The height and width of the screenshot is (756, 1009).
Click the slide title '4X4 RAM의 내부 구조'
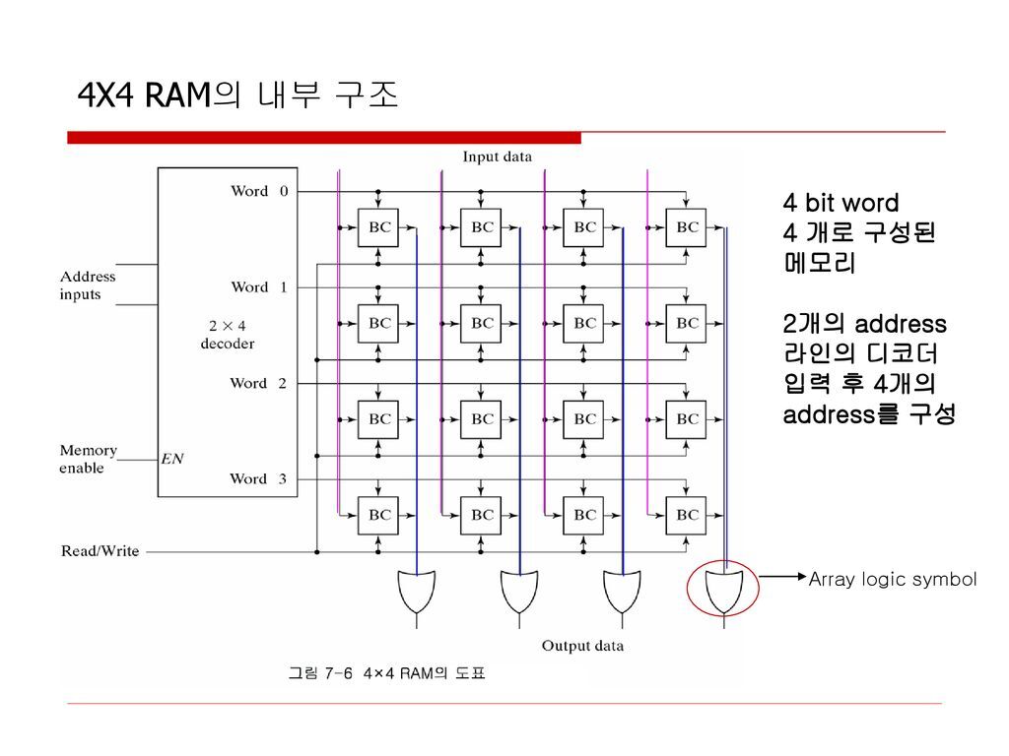click(237, 95)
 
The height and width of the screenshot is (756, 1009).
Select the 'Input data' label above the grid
click(498, 157)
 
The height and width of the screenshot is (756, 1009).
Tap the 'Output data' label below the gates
click(582, 646)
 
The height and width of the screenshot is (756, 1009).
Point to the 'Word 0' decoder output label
click(259, 191)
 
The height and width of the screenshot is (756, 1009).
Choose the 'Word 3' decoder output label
click(259, 479)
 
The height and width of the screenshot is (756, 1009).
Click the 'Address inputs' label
click(88, 285)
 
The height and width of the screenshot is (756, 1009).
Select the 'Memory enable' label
click(88, 459)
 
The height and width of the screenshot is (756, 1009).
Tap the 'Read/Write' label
click(101, 551)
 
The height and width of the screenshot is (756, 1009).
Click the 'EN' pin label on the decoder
click(173, 458)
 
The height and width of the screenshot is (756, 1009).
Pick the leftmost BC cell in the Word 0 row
click(379, 227)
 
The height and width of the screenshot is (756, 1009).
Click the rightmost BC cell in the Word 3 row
click(687, 515)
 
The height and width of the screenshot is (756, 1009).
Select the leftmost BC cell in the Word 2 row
click(379, 419)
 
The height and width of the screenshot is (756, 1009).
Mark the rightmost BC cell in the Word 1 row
click(687, 323)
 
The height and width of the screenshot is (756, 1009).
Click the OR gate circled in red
click(723, 589)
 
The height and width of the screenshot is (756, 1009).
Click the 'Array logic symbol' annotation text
click(892, 580)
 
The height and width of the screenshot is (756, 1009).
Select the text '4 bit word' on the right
click(841, 204)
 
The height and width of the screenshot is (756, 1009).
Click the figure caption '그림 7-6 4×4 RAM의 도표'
click(386, 673)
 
